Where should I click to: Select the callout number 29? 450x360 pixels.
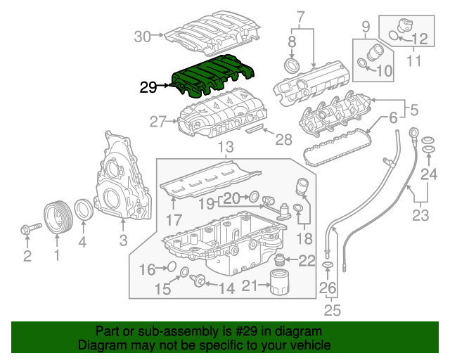coord(148,88)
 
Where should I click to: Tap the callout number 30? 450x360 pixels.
coord(143,37)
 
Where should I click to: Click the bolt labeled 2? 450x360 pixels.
coord(32,228)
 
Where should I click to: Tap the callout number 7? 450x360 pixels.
coord(301,16)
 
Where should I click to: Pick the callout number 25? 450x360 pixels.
coord(328,310)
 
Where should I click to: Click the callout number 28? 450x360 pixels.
coord(283,141)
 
